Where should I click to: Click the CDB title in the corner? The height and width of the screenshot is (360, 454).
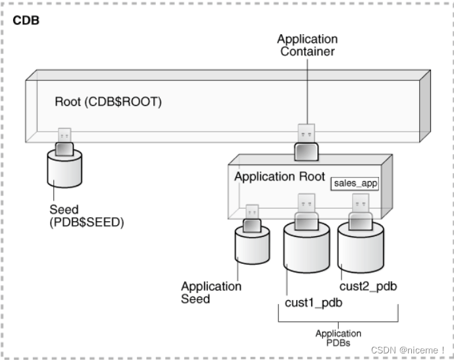click(x=26, y=20)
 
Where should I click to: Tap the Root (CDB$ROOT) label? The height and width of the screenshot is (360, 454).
click(x=108, y=102)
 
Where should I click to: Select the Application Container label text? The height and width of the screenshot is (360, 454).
click(x=307, y=45)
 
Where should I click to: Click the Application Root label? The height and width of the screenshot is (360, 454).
click(x=280, y=176)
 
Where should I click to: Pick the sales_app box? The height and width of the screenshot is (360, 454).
click(x=355, y=183)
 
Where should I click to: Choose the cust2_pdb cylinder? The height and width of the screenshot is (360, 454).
click(x=361, y=247)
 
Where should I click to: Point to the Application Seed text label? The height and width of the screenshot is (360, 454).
click(x=211, y=292)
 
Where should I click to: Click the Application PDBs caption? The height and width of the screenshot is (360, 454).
click(x=338, y=338)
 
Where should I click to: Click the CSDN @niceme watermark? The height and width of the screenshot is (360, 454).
click(x=407, y=349)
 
